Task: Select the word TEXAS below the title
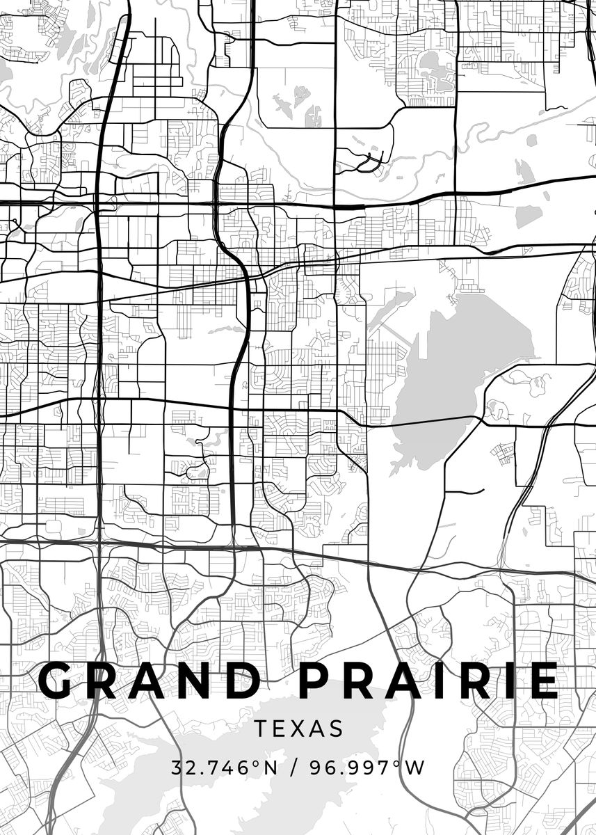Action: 298,729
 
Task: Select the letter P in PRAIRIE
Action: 320,681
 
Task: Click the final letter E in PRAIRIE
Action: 542,681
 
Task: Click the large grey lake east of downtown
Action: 452,362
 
